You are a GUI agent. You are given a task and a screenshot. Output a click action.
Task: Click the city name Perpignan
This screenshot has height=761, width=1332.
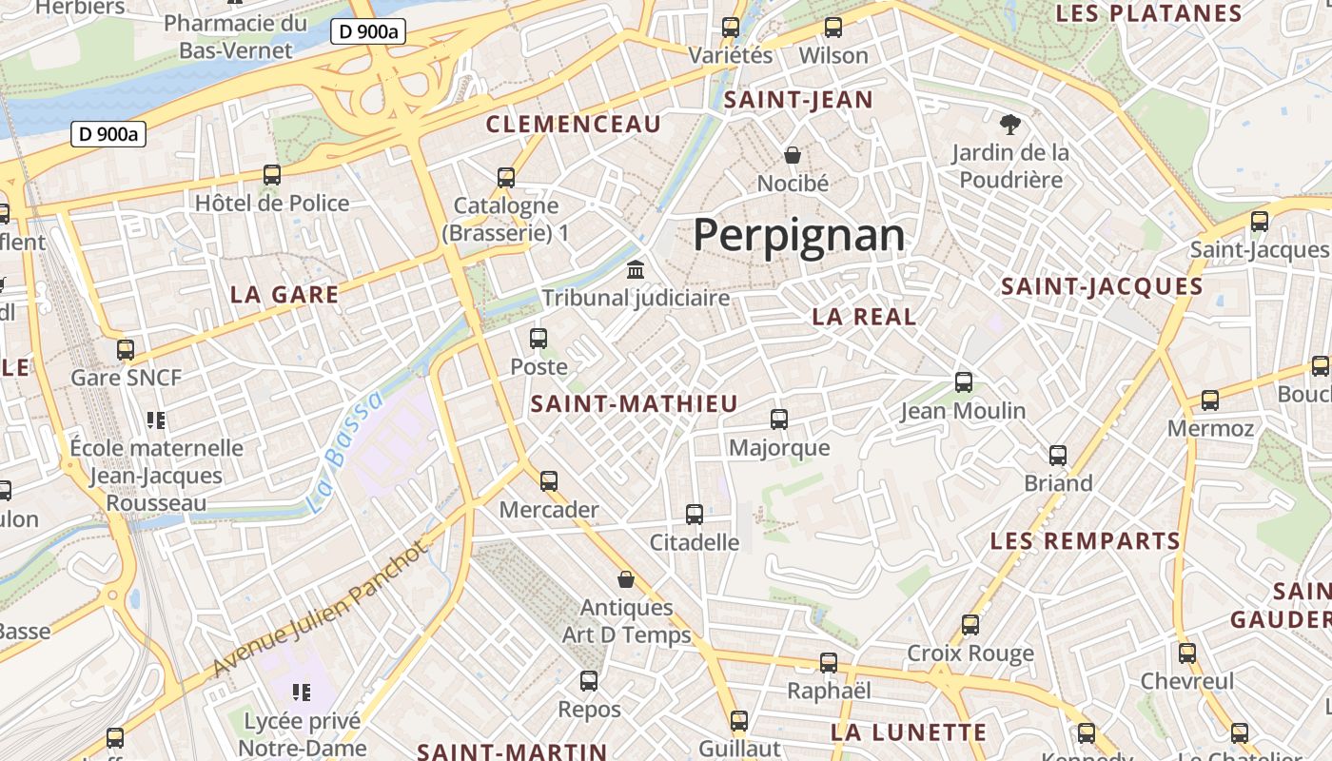pos(798,235)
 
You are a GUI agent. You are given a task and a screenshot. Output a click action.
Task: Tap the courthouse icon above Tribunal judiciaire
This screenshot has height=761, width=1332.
pos(635,269)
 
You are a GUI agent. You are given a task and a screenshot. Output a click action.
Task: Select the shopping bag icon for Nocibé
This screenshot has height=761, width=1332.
pos(793,154)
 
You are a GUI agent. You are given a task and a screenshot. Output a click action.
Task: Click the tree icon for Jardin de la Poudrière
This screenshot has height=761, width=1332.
pos(1009,124)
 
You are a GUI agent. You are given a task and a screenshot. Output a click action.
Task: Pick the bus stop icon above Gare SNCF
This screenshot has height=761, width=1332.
pos(126,349)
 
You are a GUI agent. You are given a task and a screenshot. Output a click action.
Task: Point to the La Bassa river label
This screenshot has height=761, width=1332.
pos(345,453)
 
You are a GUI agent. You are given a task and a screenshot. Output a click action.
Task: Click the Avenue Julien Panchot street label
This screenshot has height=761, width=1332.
pos(320,609)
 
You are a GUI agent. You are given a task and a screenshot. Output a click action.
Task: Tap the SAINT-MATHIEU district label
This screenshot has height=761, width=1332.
pos(634,403)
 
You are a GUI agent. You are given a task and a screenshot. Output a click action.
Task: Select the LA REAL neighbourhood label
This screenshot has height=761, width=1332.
pos(864,317)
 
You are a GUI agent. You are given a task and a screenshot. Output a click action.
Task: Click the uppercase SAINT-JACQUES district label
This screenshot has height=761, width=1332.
pos(1102,286)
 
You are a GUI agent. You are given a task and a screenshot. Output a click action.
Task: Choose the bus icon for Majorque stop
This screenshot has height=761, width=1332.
pos(779,419)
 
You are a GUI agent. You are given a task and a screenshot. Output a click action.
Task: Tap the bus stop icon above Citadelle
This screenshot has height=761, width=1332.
pos(695,515)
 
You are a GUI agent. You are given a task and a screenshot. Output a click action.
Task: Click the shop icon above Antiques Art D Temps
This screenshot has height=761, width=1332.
pos(626,578)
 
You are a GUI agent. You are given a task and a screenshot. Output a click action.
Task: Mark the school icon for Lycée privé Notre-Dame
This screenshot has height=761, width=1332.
pos(302,693)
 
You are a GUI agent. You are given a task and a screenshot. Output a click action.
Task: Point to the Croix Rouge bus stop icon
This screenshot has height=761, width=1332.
pos(970,625)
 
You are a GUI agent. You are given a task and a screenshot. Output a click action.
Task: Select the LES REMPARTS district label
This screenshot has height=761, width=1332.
pos(1085,541)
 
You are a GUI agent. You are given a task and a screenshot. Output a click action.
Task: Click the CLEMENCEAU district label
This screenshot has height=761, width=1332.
pos(573,124)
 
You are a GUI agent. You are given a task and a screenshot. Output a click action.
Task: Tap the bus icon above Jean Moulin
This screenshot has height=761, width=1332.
pos(964,382)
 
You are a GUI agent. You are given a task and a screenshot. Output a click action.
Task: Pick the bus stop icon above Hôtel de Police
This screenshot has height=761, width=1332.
pos(272,175)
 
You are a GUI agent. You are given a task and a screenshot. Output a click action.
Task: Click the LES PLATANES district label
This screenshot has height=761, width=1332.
pos(1148,13)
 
